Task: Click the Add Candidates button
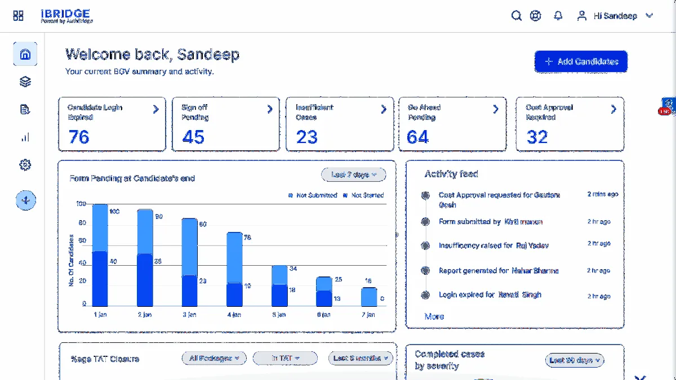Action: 581,62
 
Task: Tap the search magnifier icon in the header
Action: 516,16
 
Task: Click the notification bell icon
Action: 558,16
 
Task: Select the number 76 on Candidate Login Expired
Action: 79,137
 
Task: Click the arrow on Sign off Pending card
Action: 270,109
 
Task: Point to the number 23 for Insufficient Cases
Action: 307,137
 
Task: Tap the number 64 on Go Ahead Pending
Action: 418,137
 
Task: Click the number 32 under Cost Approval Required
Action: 537,137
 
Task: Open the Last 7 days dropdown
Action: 353,175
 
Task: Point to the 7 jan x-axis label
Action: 368,315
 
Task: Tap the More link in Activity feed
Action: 434,316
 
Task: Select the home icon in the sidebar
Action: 25,55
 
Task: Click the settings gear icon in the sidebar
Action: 25,165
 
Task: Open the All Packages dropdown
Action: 214,358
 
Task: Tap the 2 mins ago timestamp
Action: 602,194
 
